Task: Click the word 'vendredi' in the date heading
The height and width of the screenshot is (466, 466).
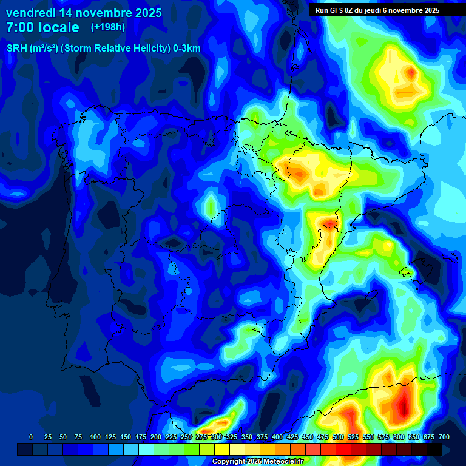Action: [31, 13]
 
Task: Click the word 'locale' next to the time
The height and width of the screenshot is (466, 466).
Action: [60, 27]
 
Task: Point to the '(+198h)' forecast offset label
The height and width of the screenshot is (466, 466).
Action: [107, 27]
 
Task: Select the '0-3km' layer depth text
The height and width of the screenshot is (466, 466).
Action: [187, 49]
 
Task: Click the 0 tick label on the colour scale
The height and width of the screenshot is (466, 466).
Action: [31, 437]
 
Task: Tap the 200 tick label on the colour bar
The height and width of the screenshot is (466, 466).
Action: [156, 437]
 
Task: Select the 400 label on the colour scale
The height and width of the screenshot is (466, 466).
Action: [277, 437]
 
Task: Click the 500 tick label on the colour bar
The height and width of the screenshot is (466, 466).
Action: [338, 437]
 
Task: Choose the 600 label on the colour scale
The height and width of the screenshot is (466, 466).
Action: [399, 437]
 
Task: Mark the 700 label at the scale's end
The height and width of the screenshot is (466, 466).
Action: [444, 437]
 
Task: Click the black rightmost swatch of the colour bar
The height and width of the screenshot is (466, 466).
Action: [435, 450]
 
